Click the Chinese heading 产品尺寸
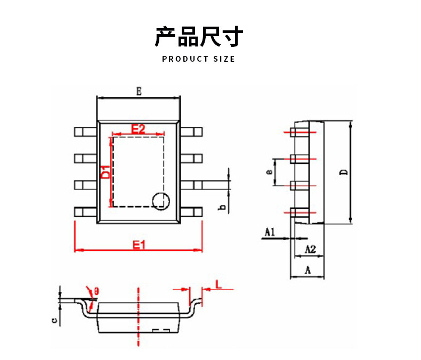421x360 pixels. [x=198, y=37]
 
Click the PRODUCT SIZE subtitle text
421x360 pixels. [x=198, y=59]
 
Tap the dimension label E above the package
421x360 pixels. [x=138, y=92]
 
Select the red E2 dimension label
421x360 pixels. [x=138, y=128]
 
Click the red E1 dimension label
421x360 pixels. [x=139, y=244]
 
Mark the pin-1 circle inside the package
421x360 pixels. [x=160, y=200]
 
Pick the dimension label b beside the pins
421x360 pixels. [x=222, y=207]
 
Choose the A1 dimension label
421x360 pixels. [x=270, y=232]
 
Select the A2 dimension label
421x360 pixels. [x=310, y=249]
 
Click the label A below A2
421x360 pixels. [x=307, y=270]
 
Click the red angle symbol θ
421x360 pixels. [x=96, y=291]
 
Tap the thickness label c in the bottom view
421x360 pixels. [x=54, y=320]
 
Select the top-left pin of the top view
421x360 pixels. [x=85, y=132]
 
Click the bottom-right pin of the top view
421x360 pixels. [x=192, y=211]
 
